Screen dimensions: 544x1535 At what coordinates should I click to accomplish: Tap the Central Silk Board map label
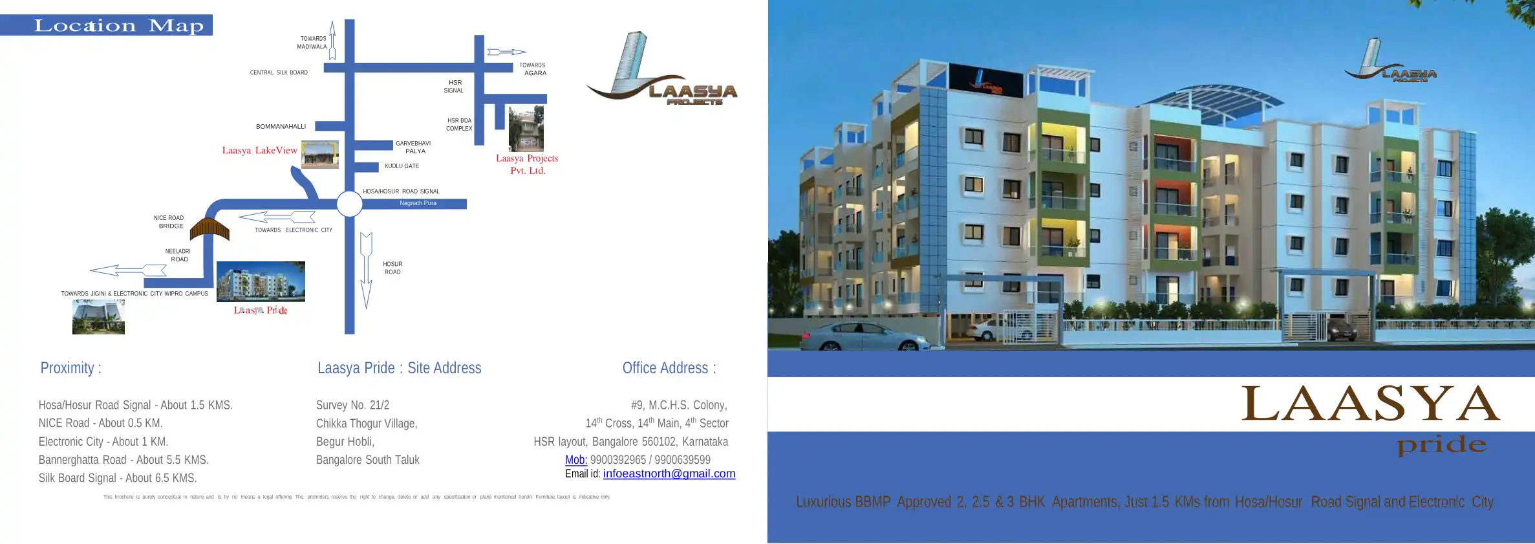279,72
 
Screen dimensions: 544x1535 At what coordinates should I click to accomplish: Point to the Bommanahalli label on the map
281,126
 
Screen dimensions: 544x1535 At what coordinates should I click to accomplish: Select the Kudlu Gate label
402,166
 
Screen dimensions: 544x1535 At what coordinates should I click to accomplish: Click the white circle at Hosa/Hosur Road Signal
349,204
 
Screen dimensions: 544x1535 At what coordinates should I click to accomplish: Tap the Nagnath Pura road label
418,203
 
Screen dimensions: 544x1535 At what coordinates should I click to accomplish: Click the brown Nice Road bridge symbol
209,228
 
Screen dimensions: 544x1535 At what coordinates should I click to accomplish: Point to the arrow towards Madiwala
332,40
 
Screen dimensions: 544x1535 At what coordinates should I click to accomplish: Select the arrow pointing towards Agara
506,52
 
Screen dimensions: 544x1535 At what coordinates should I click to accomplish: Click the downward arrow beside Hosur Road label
366,270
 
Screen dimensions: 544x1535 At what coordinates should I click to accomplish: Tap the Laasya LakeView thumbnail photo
320,155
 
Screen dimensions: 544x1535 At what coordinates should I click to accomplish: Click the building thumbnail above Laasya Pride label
261,281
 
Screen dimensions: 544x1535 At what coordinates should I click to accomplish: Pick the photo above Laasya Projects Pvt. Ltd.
526,129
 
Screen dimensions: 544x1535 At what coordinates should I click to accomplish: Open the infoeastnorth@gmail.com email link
669,473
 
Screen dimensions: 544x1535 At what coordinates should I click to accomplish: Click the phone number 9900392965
617,460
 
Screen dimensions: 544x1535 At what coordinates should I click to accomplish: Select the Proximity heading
70,368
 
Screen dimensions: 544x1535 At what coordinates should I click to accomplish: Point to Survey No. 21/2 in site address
352,405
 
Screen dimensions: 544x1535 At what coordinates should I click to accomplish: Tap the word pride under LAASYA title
1441,445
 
